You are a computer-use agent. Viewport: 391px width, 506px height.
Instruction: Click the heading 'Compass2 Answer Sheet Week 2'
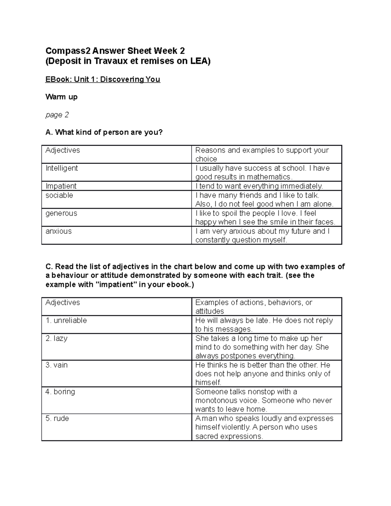pyautogui.click(x=115, y=51)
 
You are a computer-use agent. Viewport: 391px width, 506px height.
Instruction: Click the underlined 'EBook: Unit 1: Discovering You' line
pyautogui.click(x=103, y=80)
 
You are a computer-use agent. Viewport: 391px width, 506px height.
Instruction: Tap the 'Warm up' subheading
pyautogui.click(x=61, y=97)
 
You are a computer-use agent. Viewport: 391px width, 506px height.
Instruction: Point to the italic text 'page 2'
pyautogui.click(x=57, y=115)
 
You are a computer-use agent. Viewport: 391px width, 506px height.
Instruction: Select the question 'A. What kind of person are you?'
pyautogui.click(x=104, y=132)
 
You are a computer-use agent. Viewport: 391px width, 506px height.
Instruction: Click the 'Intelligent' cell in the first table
pyautogui.click(x=62, y=168)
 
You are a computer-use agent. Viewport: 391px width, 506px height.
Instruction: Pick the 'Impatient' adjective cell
pyautogui.click(x=61, y=186)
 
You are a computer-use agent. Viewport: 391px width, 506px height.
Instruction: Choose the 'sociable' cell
pyautogui.click(x=59, y=195)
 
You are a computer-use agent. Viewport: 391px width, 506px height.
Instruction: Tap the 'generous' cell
pyautogui.click(x=61, y=213)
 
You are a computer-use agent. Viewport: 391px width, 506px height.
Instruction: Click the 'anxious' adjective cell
pyautogui.click(x=59, y=231)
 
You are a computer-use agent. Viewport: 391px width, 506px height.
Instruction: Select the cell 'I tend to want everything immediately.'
pyautogui.click(x=259, y=186)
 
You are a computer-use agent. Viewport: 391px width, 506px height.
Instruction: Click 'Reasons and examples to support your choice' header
pyautogui.click(x=262, y=154)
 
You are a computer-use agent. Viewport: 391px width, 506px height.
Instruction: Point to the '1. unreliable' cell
pyautogui.click(x=66, y=320)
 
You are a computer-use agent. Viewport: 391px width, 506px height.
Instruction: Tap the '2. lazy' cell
pyautogui.click(x=56, y=338)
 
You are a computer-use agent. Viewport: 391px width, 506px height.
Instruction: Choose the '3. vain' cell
pyautogui.click(x=57, y=365)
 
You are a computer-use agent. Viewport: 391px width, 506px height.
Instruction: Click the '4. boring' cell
pyautogui.click(x=60, y=392)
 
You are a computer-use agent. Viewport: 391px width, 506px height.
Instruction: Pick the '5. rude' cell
pyautogui.click(x=57, y=418)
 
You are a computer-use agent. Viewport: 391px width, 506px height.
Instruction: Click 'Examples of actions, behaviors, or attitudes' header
pyautogui.click(x=254, y=306)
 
